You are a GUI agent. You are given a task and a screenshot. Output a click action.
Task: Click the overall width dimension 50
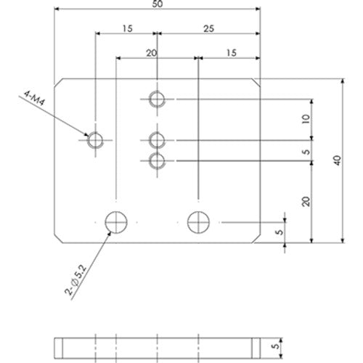158,4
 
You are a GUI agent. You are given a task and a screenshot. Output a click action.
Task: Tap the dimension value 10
306,118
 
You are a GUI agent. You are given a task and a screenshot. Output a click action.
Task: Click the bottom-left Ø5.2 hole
116,221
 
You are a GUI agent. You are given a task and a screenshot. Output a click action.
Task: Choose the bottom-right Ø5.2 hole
198,221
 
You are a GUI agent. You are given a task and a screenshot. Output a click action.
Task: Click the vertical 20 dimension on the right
306,201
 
